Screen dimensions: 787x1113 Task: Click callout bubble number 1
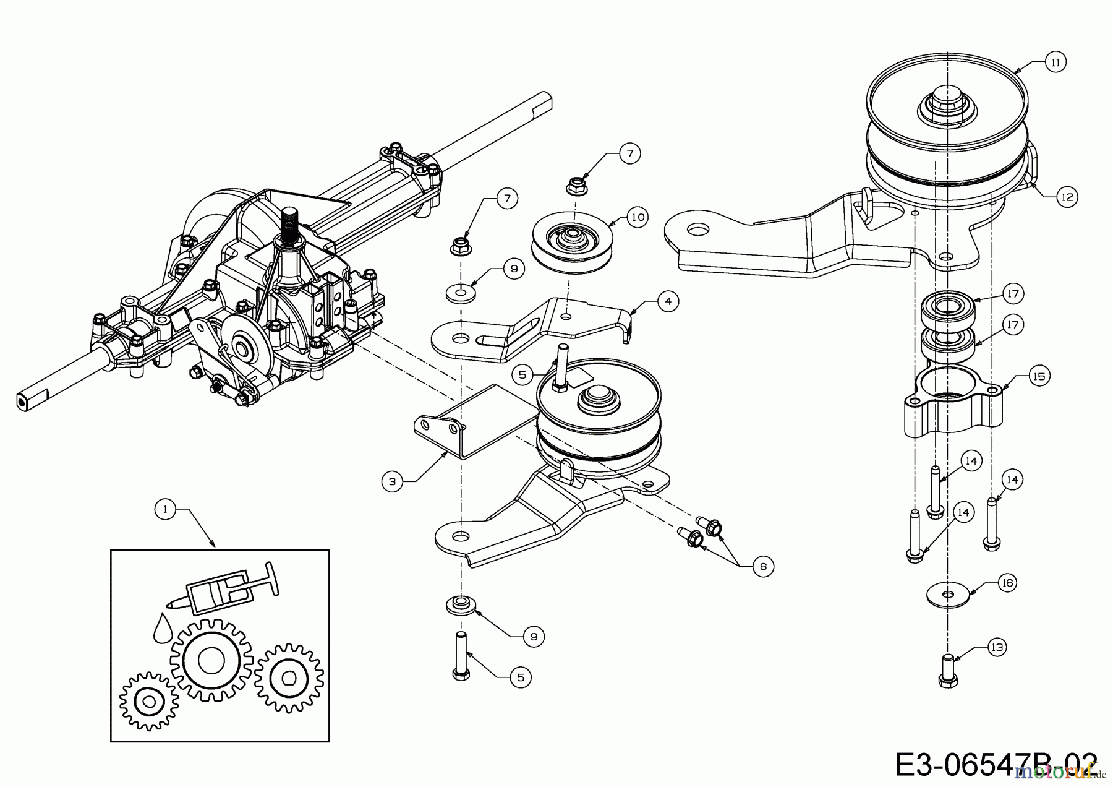pyautogui.click(x=164, y=509)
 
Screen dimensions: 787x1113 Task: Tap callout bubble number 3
pyautogui.click(x=393, y=481)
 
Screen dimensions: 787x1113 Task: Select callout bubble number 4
pyautogui.click(x=667, y=301)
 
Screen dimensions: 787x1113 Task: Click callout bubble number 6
pyautogui.click(x=763, y=566)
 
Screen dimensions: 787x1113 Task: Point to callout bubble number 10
pyautogui.click(x=638, y=217)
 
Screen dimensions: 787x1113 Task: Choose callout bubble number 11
pyautogui.click(x=1055, y=62)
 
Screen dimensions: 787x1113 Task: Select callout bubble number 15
pyautogui.click(x=1039, y=376)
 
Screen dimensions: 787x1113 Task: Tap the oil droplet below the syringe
pyautogui.click(x=162, y=628)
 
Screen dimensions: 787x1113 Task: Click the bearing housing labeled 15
pyautogui.click(x=952, y=405)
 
